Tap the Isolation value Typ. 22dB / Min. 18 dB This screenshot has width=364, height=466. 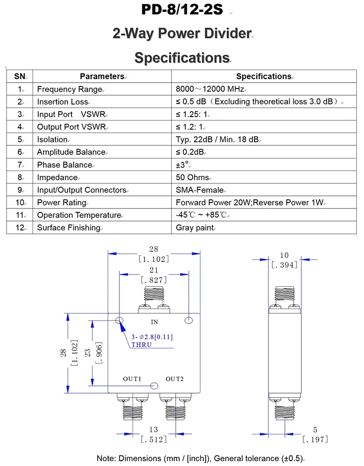[x=217, y=140]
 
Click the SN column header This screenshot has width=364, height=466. [x=19, y=77]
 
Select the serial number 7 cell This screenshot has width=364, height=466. [x=19, y=165]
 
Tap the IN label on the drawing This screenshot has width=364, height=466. [x=154, y=322]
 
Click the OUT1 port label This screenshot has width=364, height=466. [x=132, y=379]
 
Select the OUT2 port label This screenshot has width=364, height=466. [x=175, y=379]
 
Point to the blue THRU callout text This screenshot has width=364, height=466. [x=142, y=345]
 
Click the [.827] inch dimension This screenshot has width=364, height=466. [x=154, y=280]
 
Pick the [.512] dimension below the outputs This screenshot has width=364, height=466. [x=153, y=439]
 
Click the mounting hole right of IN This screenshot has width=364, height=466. [x=189, y=321]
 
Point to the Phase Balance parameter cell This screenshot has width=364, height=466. [x=64, y=165]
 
